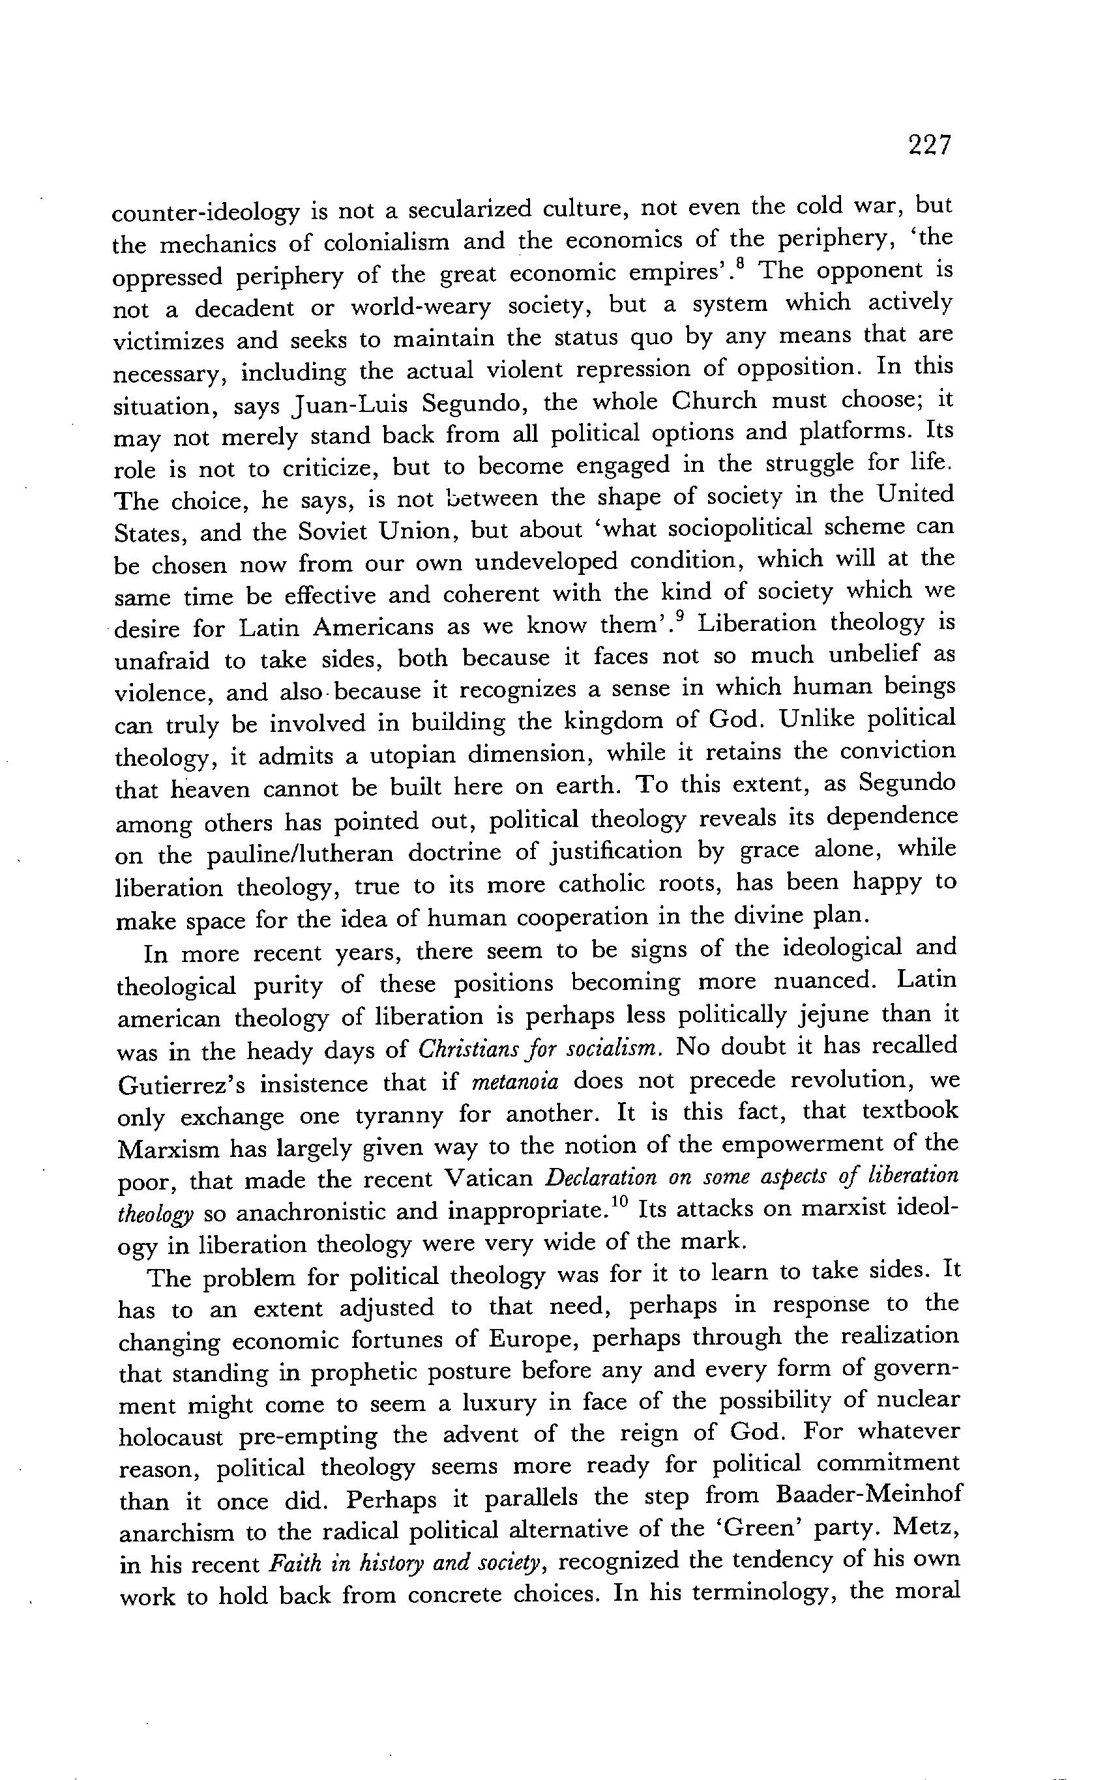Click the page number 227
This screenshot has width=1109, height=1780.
[928, 145]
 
